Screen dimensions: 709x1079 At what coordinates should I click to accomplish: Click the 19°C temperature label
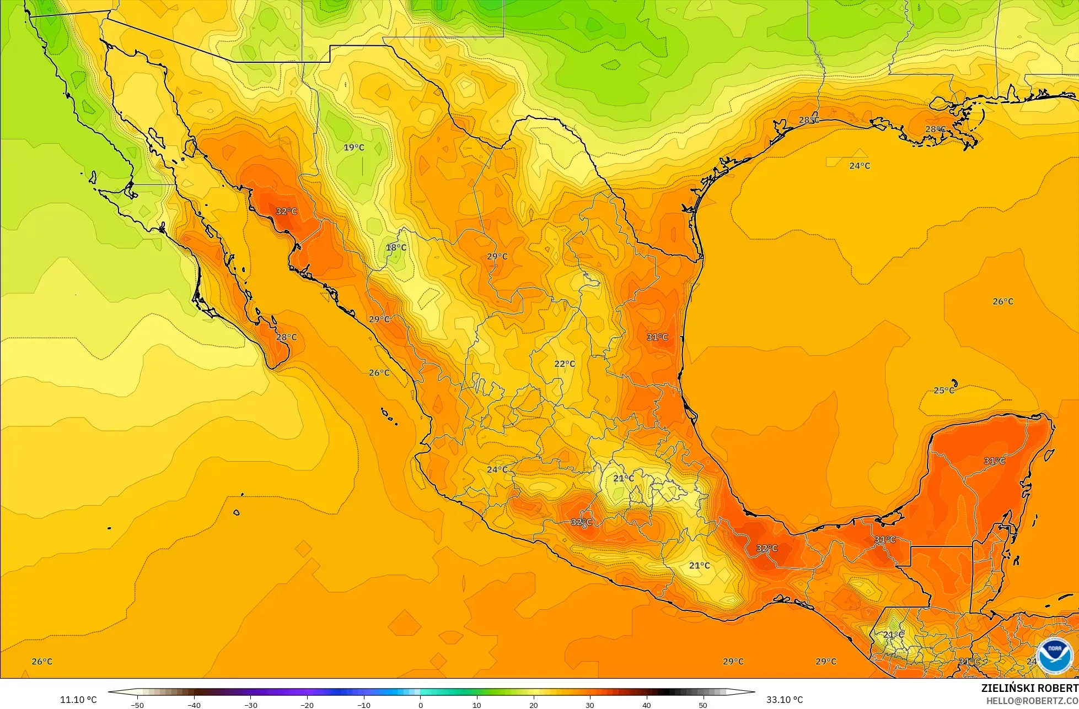[354, 148]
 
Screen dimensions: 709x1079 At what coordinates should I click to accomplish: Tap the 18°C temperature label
[396, 248]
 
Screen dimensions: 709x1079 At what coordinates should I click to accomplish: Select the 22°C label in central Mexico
[565, 364]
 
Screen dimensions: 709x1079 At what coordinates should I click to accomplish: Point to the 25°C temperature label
[944, 391]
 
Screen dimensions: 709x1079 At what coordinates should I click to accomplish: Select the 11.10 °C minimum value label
[78, 700]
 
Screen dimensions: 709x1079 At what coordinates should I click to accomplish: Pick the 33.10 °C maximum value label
[785, 700]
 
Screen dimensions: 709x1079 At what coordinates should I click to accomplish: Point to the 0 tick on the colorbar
[420, 705]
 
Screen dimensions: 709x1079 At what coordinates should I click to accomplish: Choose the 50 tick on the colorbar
[702, 705]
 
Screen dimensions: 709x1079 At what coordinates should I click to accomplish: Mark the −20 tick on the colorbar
[307, 705]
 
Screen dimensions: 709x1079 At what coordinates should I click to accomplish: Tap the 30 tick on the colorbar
[590, 705]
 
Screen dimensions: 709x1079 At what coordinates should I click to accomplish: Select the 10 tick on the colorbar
[477, 705]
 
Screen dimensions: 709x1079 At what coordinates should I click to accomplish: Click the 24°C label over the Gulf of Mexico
[860, 166]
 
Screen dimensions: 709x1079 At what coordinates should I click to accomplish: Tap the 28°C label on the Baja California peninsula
[286, 338]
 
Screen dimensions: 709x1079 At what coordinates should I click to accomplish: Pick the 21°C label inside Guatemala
[894, 635]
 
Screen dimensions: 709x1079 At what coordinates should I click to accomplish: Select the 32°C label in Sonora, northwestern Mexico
[286, 212]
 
